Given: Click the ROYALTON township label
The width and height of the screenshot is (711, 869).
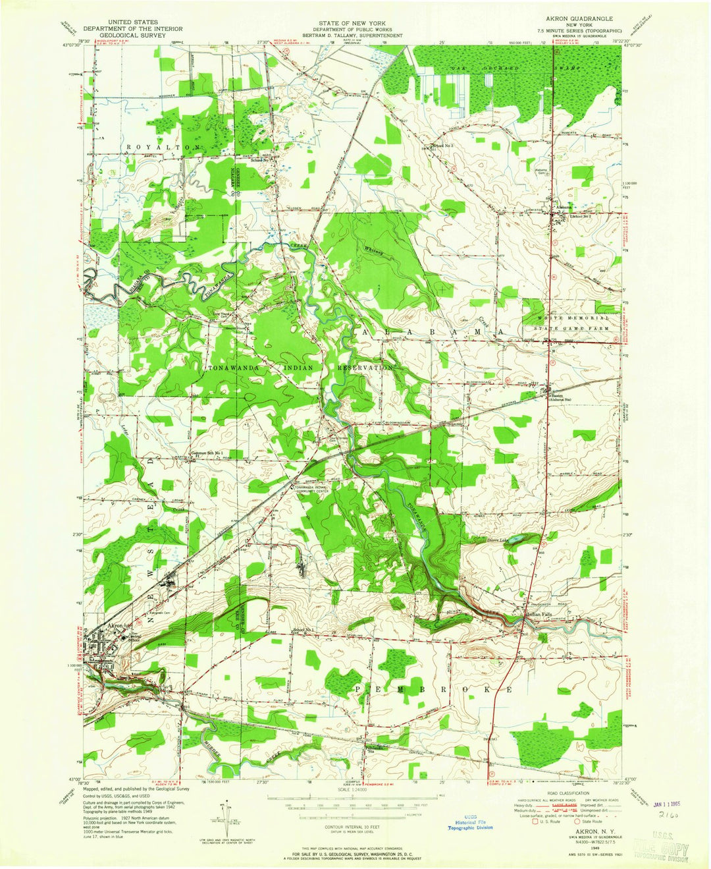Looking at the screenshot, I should tap(150, 146).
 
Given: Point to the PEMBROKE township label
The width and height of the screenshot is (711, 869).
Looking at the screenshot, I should tap(434, 688).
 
